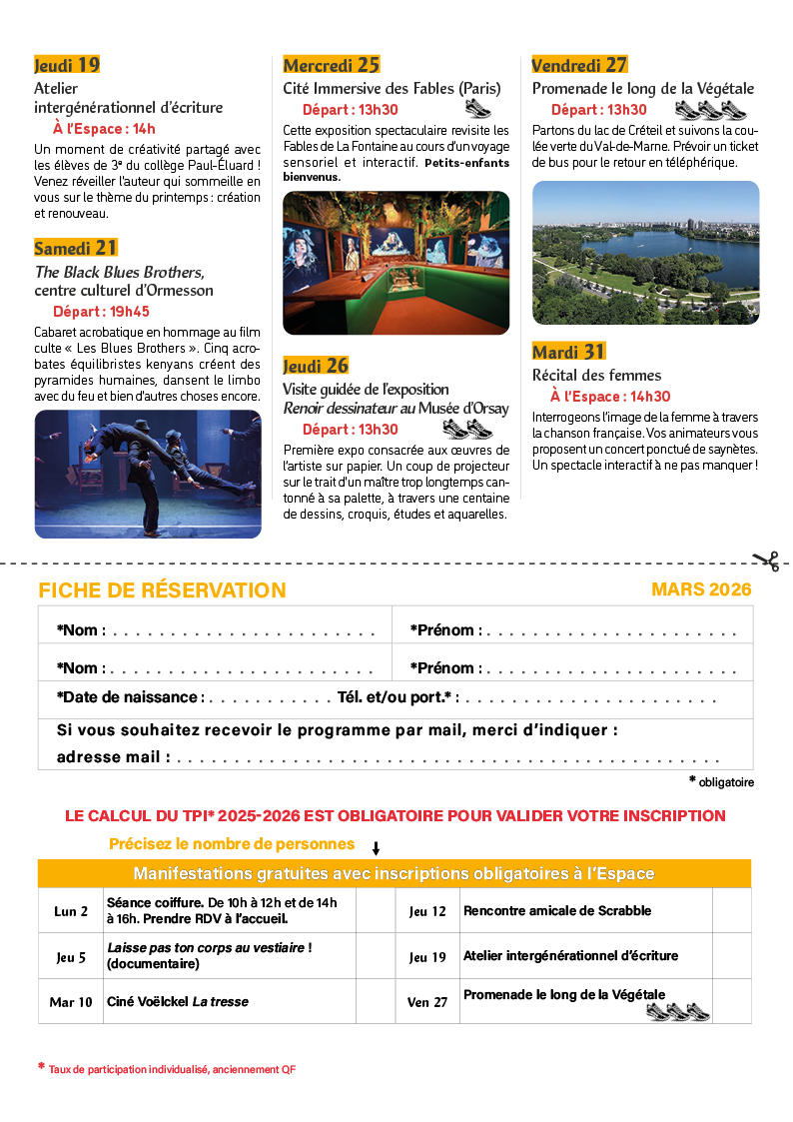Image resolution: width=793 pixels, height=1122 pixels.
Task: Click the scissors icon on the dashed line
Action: point(766,561)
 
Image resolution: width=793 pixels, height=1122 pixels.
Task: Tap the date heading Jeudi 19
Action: point(67,65)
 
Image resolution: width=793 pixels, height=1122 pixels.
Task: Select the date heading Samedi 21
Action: point(76,247)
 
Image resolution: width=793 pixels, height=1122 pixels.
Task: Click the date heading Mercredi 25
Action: point(332,65)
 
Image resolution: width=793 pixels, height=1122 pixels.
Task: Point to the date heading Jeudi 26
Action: point(316,366)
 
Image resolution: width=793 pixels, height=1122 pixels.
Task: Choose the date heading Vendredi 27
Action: point(579,65)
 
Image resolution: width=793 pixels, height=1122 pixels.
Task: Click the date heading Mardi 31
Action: point(568,352)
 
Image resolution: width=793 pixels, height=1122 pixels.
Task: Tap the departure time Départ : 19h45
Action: point(101,312)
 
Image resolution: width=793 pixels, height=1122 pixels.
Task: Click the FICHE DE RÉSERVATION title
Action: point(162,590)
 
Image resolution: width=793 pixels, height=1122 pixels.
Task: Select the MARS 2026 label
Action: point(701,589)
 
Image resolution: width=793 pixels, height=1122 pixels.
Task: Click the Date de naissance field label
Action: point(131,696)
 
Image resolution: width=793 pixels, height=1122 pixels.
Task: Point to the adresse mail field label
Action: point(113,757)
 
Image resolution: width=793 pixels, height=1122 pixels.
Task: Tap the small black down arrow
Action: point(377,848)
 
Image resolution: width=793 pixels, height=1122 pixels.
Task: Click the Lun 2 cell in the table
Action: point(71,911)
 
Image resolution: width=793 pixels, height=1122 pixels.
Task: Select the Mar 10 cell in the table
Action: point(71,1001)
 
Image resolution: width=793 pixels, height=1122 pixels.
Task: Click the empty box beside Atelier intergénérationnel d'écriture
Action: point(731,956)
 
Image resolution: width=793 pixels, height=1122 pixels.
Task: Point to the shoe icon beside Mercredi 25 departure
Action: point(477,109)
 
